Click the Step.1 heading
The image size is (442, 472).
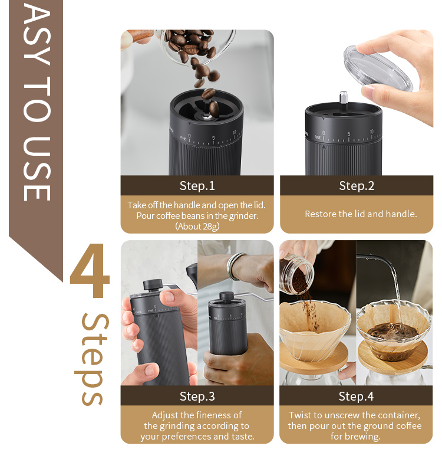(x=197, y=186)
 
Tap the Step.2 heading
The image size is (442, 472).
(x=357, y=186)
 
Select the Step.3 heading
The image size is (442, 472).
(x=197, y=396)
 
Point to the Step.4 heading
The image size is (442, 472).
(x=356, y=396)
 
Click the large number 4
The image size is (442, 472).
(x=90, y=270)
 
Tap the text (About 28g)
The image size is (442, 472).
(x=197, y=226)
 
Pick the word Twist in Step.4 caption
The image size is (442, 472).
(x=299, y=415)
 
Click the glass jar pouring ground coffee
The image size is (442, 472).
(x=296, y=274)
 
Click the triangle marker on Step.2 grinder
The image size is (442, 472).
(x=324, y=147)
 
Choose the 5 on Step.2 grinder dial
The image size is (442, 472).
(x=349, y=134)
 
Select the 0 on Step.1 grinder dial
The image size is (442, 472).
(x=189, y=136)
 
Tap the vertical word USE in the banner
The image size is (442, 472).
(x=37, y=169)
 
